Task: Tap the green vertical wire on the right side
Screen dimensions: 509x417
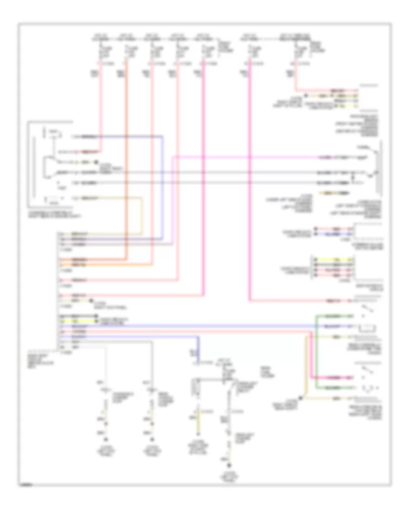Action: tap(316, 352)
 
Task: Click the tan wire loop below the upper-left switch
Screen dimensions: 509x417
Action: tap(142, 213)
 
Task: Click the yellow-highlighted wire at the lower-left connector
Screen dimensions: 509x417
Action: tap(76, 321)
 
